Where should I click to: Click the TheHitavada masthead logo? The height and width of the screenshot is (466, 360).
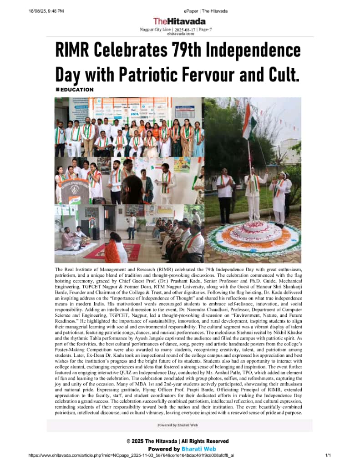(x=179, y=21)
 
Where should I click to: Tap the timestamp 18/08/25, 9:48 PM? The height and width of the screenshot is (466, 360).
(x=46, y=11)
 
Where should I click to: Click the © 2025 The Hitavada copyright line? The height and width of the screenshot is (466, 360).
(x=177, y=441)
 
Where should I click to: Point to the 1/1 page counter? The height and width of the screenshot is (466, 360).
(x=327, y=455)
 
